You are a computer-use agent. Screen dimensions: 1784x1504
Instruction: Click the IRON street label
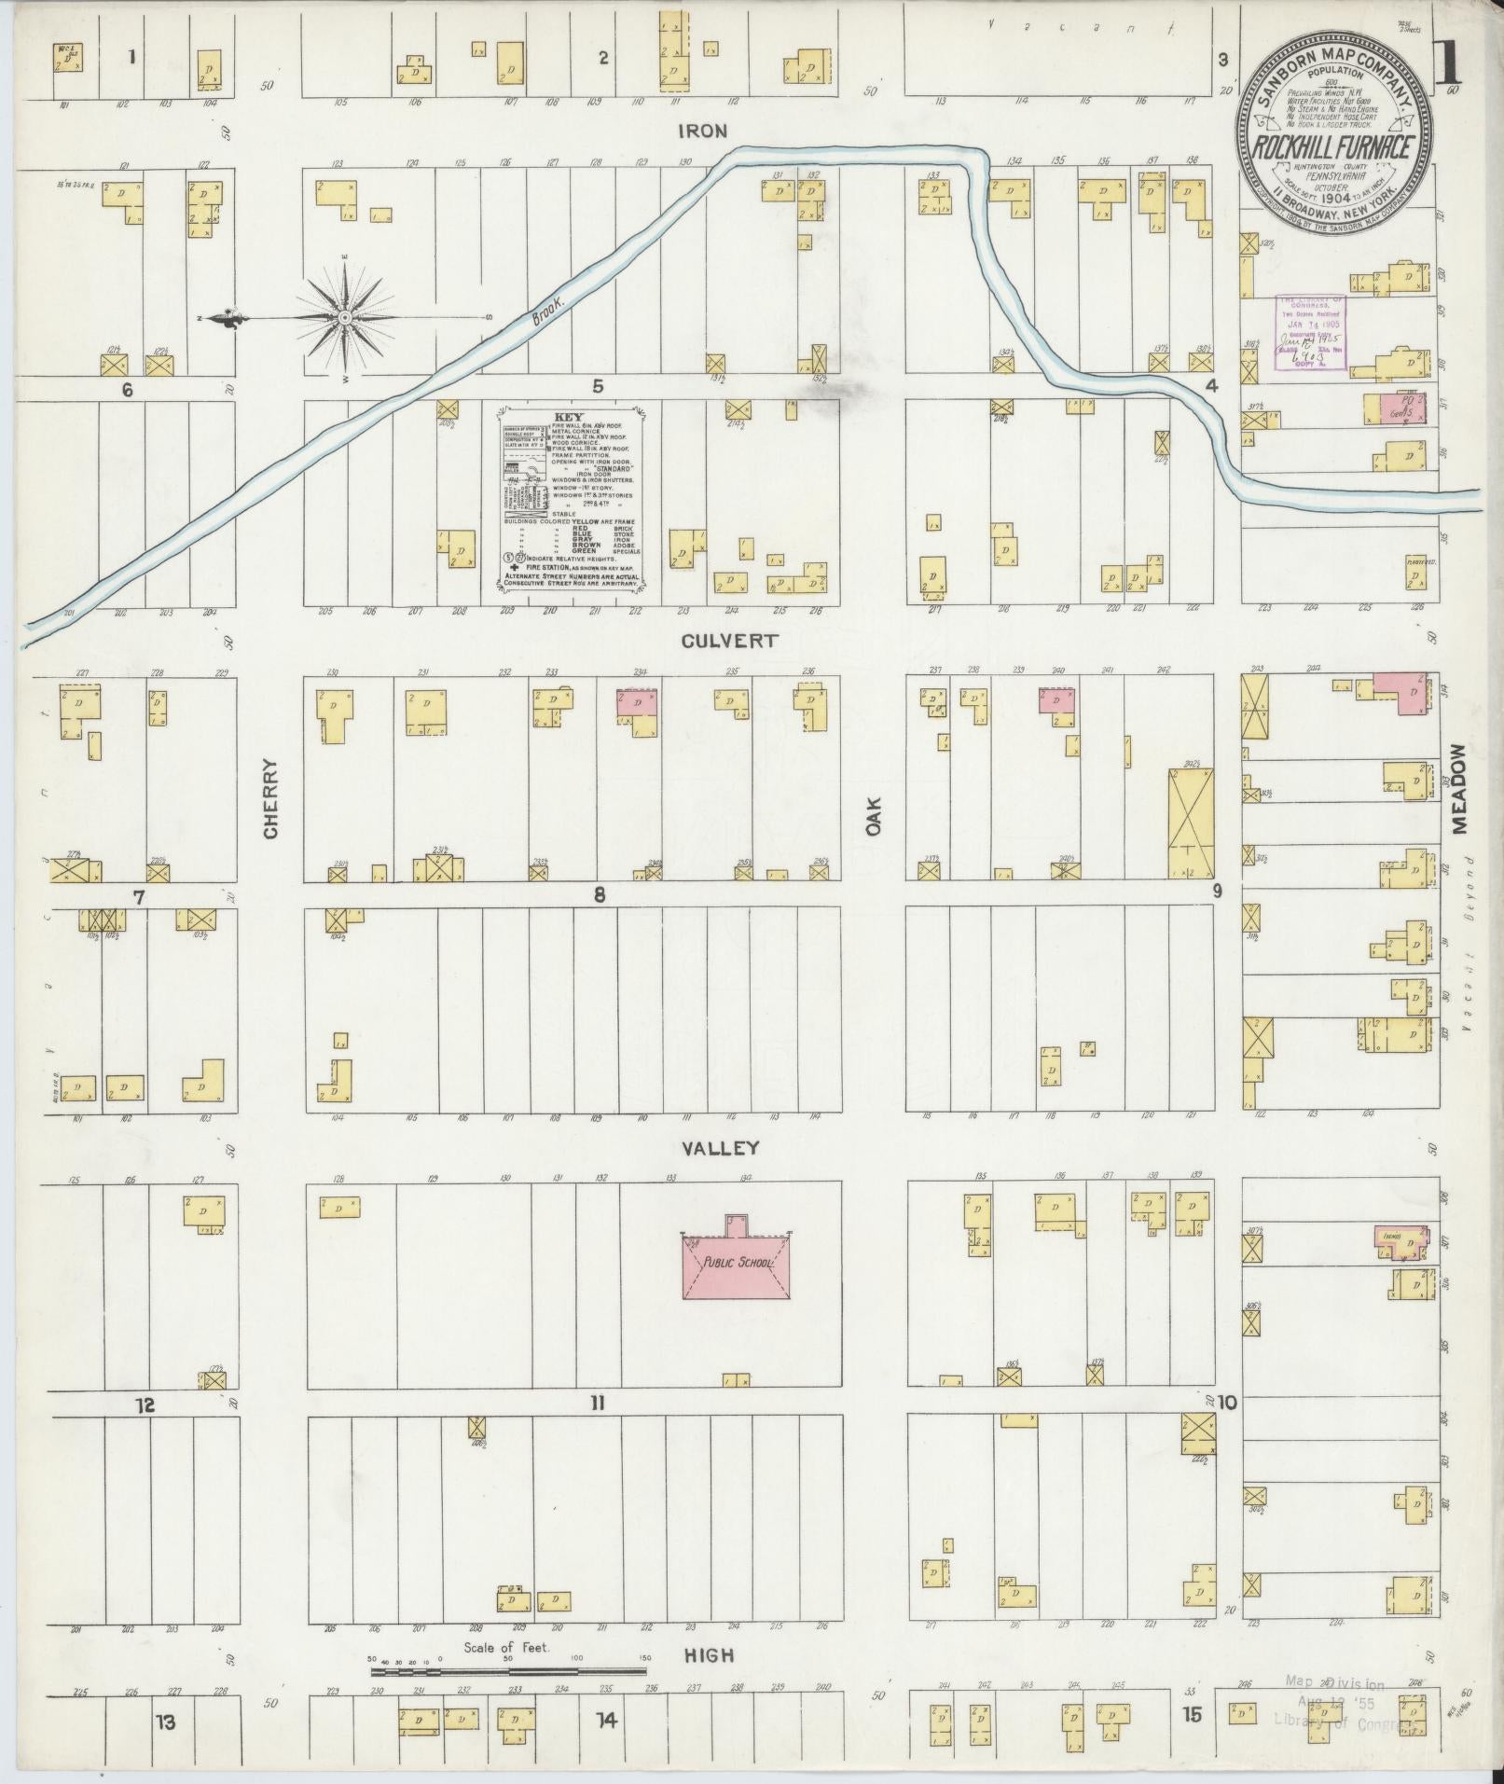pos(703,131)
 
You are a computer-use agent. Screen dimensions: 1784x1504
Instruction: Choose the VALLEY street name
pos(721,1149)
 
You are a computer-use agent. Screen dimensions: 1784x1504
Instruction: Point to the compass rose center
pos(345,319)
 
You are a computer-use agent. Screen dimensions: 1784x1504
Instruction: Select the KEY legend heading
pos(566,416)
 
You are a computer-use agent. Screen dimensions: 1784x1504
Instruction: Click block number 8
pos(599,895)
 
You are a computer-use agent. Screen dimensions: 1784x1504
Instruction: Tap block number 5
pos(597,386)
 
